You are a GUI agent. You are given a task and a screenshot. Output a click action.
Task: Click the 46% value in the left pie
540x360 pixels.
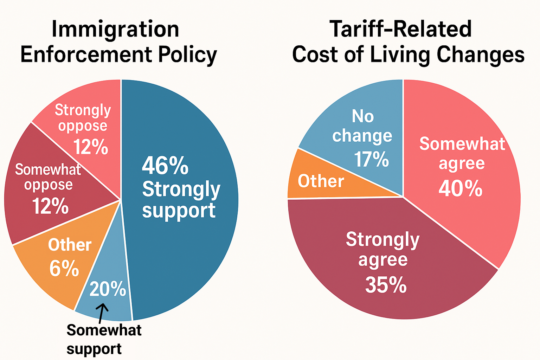tap(165, 166)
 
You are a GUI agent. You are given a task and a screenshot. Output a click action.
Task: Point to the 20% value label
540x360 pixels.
tap(108, 289)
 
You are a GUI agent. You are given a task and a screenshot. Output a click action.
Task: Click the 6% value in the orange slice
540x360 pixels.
tap(64, 269)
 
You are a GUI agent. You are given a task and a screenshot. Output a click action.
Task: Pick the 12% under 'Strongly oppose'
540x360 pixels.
tap(91, 147)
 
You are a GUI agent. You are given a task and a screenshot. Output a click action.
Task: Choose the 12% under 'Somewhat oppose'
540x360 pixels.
tap(50, 206)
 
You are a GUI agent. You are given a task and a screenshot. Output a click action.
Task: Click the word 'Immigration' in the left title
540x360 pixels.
tap(115, 29)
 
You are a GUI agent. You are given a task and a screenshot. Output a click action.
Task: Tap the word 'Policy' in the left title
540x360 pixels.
tap(187, 55)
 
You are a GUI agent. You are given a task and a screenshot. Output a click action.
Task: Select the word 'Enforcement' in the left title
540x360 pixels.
tap(86, 55)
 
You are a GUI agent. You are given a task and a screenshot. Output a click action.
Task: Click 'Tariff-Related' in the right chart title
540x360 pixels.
tap(400, 29)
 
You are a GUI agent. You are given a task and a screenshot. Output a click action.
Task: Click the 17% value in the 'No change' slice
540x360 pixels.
tap(371, 159)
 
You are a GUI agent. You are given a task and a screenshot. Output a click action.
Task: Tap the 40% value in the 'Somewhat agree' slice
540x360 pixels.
tap(461, 188)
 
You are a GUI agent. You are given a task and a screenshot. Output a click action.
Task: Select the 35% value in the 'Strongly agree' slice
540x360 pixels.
tap(386, 285)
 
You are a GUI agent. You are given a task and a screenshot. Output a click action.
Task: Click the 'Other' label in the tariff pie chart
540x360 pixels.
tap(321, 181)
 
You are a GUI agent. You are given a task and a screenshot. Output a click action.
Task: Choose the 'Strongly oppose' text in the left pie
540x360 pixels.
tap(83, 118)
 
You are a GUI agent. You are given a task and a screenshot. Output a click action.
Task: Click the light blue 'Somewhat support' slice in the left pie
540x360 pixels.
tap(105, 306)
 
